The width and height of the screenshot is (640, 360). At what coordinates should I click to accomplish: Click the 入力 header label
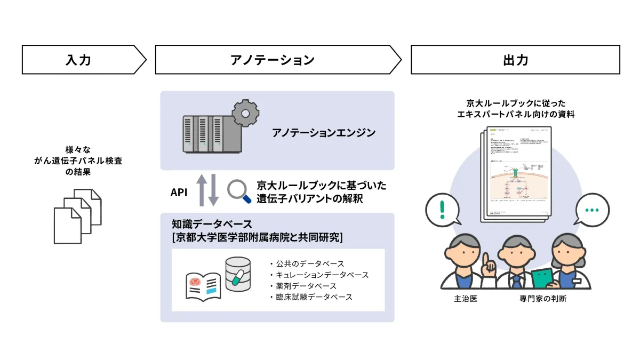click(x=78, y=60)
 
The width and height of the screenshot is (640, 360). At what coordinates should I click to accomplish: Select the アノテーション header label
click(x=273, y=60)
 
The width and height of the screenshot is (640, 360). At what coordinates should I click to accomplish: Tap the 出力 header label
click(x=515, y=60)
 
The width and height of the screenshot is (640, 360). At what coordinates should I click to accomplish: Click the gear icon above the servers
click(x=246, y=112)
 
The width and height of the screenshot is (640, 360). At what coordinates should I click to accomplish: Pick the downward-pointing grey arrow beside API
click(x=213, y=192)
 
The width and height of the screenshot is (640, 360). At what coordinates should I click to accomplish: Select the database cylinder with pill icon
click(x=238, y=275)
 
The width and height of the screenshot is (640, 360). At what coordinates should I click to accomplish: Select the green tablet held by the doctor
click(x=543, y=279)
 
